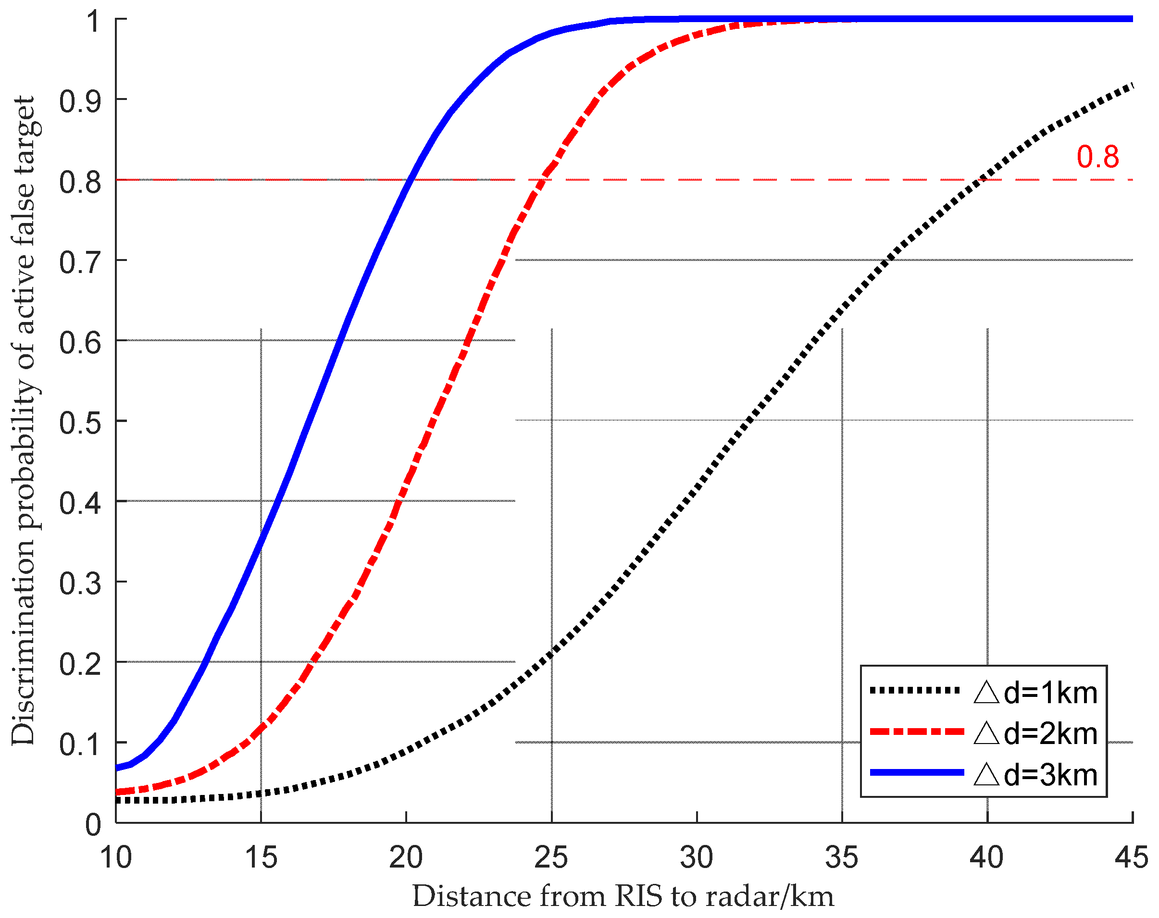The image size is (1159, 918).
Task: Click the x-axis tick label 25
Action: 551,857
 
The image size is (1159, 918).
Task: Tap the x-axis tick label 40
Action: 987,857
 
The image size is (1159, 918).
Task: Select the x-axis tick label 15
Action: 261,857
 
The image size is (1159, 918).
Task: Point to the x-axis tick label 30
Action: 697,857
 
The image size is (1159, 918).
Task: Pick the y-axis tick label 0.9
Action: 80,101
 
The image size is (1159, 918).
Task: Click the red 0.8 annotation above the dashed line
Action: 1098,157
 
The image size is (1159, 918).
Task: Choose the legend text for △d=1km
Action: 1035,693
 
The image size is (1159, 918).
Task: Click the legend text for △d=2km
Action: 1035,733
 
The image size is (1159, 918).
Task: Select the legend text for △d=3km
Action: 1035,775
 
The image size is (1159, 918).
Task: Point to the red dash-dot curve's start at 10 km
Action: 117,792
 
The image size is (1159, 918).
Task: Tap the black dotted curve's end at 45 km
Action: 1132,86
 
